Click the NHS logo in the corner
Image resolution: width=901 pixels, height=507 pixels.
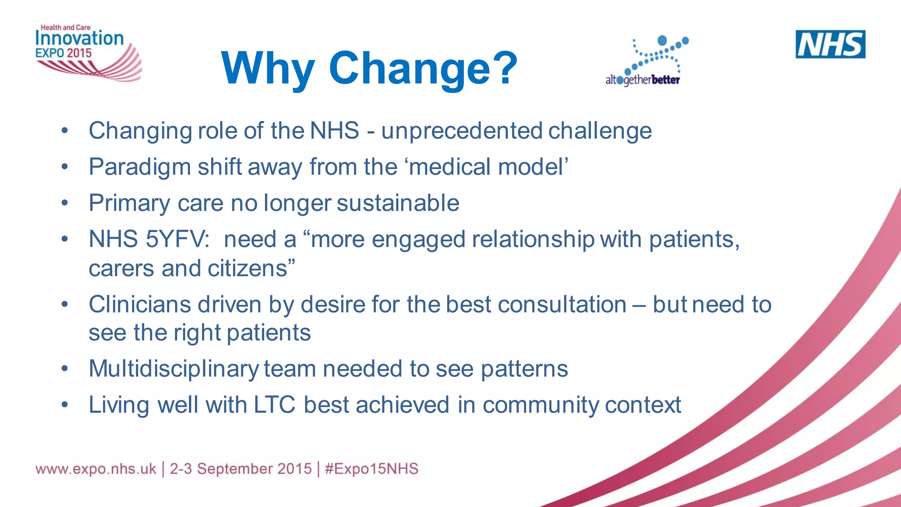click(830, 44)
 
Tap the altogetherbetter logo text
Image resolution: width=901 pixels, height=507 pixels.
click(642, 80)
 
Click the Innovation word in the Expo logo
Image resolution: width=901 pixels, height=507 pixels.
click(79, 38)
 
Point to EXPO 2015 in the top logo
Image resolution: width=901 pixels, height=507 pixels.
click(63, 53)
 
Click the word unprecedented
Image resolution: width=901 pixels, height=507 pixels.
click(461, 130)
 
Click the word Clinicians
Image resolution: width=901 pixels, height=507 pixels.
click(139, 304)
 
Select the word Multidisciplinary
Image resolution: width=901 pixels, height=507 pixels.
click(173, 369)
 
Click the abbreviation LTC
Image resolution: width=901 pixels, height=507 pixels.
click(274, 405)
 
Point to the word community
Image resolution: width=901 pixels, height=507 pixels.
click(540, 405)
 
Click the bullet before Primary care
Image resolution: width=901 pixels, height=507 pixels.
click(65, 203)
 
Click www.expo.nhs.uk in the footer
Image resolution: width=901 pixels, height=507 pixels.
click(95, 469)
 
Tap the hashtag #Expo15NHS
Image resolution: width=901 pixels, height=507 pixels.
click(371, 469)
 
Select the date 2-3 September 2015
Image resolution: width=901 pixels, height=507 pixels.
click(241, 469)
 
